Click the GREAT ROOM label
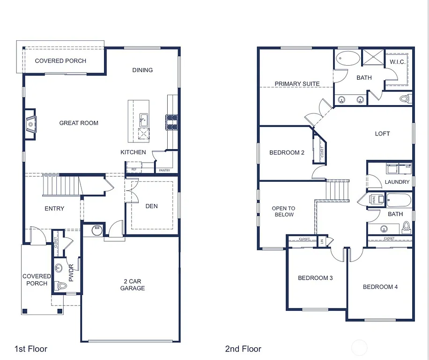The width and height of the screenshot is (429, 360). [x=79, y=123]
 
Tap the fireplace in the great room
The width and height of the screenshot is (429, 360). [x=30, y=125]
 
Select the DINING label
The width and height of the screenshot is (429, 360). [x=142, y=70]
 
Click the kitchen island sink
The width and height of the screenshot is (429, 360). [x=143, y=120]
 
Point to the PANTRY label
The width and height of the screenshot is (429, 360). [x=164, y=171]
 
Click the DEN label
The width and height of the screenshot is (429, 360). [x=152, y=206]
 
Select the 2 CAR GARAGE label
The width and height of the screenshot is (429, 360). [x=132, y=285]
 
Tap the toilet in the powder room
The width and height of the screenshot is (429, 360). [x=59, y=285]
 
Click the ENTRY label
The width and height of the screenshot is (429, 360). [x=54, y=209]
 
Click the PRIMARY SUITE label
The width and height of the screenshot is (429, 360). [x=297, y=84]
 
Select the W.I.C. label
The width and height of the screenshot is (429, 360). [x=397, y=62]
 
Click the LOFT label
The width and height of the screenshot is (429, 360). [x=382, y=134]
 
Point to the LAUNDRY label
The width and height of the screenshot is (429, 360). [x=397, y=182]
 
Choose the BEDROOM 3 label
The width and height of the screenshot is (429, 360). [x=315, y=278]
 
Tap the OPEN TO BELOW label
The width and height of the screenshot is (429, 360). [x=284, y=211]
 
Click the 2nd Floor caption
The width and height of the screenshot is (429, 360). [x=243, y=349]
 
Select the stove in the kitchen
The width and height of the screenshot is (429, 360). [x=171, y=122]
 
